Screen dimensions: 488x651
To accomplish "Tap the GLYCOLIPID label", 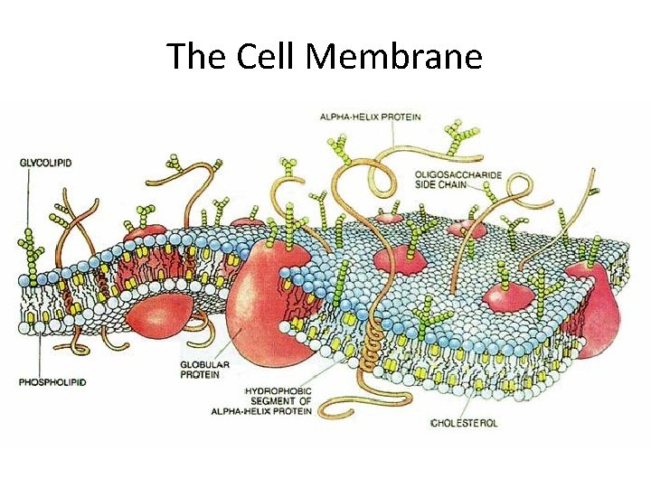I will click(x=45, y=163).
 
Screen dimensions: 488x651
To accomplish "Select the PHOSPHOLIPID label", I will click(x=52, y=382).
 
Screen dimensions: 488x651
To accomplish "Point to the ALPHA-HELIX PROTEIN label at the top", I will click(x=370, y=117).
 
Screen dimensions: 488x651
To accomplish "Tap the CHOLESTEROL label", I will click(x=465, y=422).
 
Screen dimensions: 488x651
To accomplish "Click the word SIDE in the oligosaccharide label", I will click(x=429, y=184).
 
